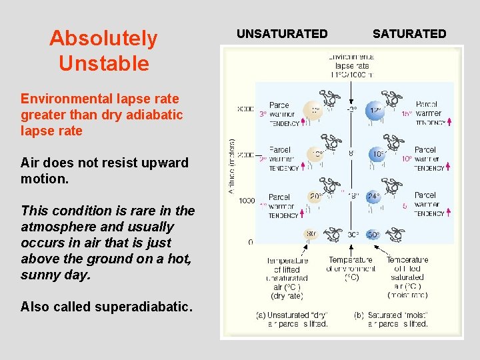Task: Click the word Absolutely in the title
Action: pyautogui.click(x=103, y=38)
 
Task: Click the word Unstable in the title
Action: pyautogui.click(x=103, y=63)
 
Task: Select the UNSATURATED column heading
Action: pyautogui.click(x=282, y=33)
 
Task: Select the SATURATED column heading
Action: pyautogui.click(x=409, y=33)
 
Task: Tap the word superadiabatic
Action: pyautogui.click(x=145, y=307)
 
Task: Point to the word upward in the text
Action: pyautogui.click(x=163, y=163)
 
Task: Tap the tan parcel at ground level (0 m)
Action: pyautogui.click(x=311, y=235)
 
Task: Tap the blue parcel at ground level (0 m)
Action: pyautogui.click(x=373, y=235)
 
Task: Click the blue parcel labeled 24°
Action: pyautogui.click(x=373, y=197)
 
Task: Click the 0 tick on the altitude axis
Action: pyautogui.click(x=251, y=242)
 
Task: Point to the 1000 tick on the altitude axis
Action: pyautogui.click(x=246, y=200)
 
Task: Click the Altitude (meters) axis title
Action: pyautogui.click(x=232, y=167)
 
